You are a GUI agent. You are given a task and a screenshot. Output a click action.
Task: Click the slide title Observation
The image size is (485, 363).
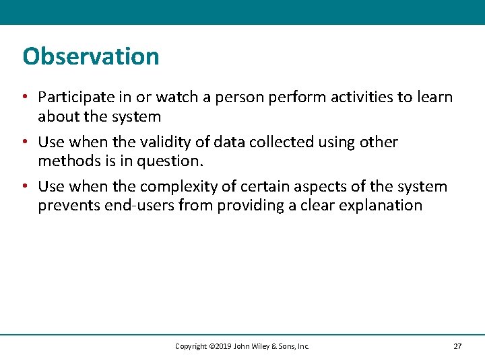[91, 56]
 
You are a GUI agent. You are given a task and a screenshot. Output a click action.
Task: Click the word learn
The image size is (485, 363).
[435, 98]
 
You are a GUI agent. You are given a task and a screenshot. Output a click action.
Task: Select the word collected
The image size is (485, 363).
[278, 143]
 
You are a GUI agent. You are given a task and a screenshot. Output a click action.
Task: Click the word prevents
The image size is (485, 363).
[69, 205]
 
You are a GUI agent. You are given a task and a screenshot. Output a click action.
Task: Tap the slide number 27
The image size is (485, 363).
[457, 346]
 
